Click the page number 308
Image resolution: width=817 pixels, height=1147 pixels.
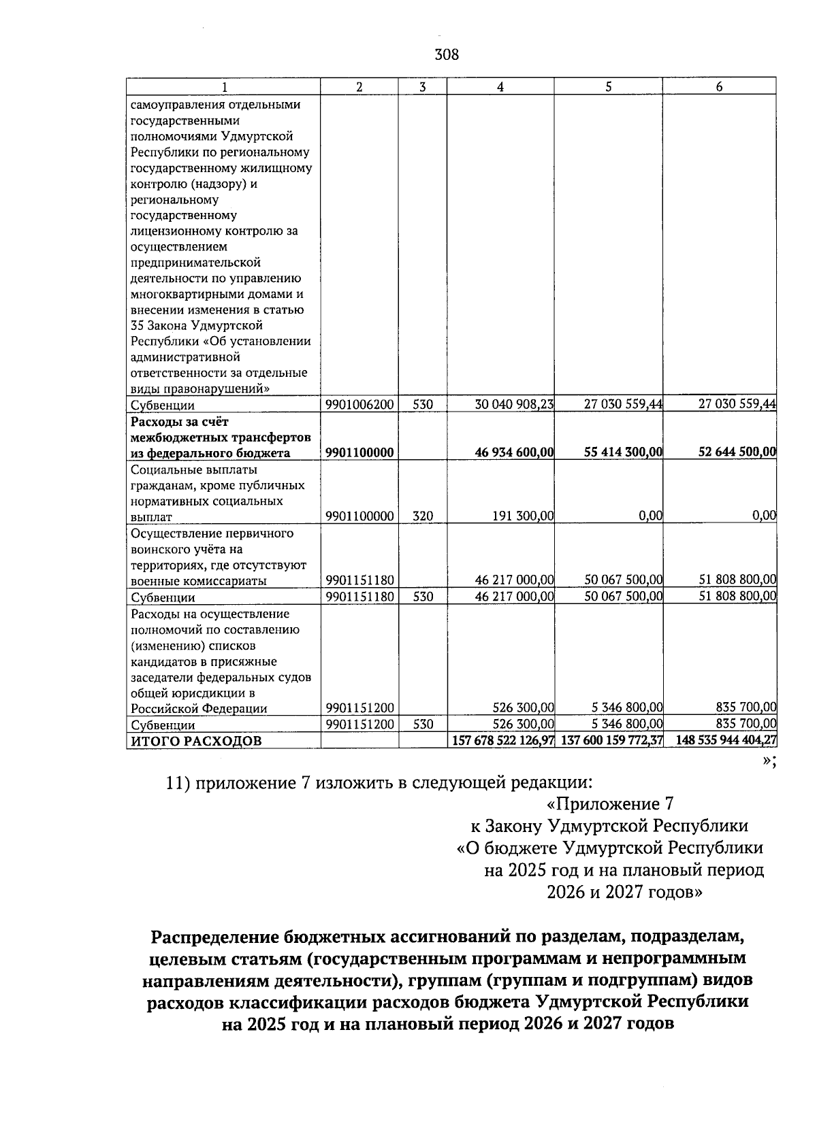(447, 54)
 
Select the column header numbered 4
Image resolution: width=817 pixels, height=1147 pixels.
(500, 86)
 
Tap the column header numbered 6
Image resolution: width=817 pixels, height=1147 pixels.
(719, 86)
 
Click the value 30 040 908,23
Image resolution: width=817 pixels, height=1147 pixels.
(514, 404)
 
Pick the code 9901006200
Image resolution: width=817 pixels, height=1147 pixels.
(359, 404)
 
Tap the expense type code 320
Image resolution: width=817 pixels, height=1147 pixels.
(423, 516)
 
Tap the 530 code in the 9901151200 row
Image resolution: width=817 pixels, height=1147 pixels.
(423, 725)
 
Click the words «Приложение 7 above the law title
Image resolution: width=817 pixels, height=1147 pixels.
(610, 804)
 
